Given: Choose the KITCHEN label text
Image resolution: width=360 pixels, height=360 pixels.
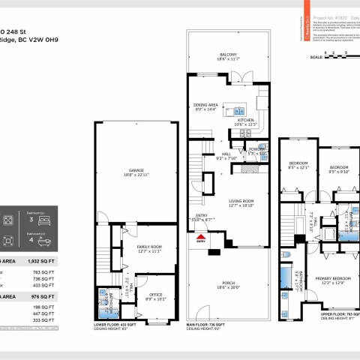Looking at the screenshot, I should [x=247, y=121].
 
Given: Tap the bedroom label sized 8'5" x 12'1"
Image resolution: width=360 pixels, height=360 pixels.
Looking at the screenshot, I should [x=298, y=168].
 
